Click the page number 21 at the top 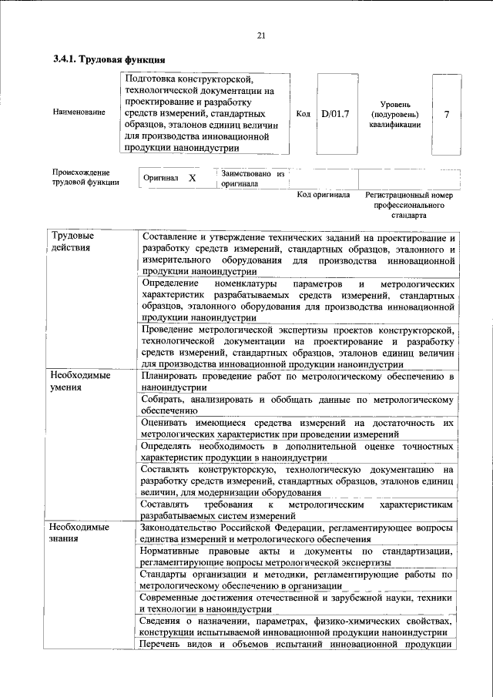[260, 35]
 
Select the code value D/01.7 [335, 114]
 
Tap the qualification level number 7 [447, 114]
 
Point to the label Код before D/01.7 [303, 114]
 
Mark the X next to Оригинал [192, 179]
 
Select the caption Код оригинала [324, 196]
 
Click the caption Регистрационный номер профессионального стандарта [408, 206]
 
